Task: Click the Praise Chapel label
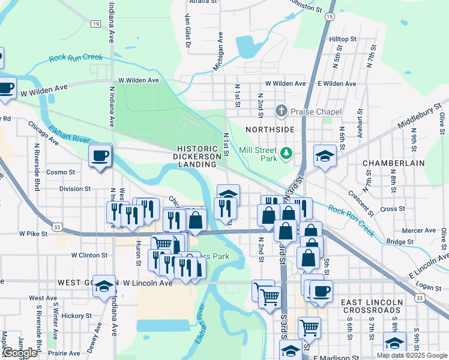point(316,112)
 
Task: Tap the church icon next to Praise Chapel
point(281,111)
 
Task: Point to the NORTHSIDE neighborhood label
point(270,130)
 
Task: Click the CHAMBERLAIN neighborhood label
point(393,163)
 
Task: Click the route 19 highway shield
point(95,24)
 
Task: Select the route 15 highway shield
point(330,17)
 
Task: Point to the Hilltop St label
point(343,39)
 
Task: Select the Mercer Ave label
point(418,230)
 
